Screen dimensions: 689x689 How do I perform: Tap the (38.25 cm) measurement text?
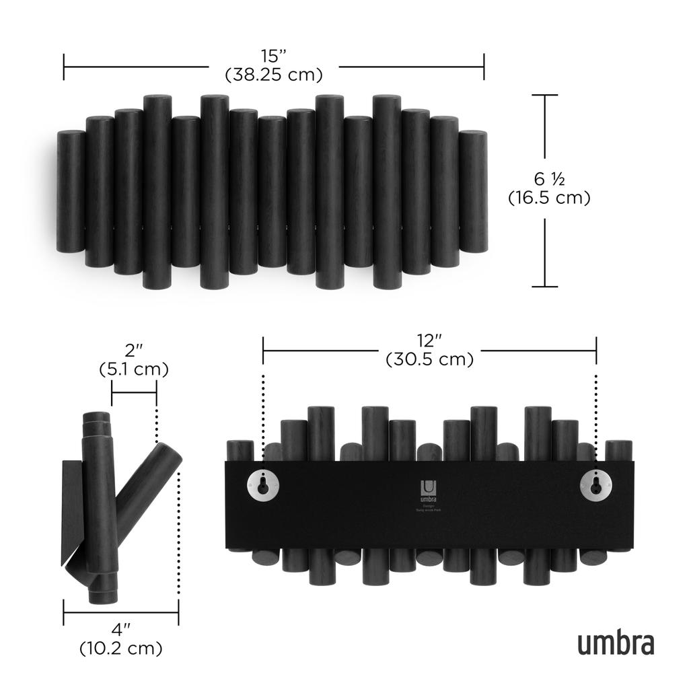pyautogui.click(x=274, y=74)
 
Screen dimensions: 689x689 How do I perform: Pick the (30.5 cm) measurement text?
pyautogui.click(x=429, y=359)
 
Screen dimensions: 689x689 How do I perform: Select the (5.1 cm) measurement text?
pyautogui.click(x=134, y=369)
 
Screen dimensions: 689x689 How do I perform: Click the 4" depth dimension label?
pyautogui.click(x=121, y=630)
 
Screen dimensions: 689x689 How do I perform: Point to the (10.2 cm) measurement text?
pyautogui.click(x=121, y=649)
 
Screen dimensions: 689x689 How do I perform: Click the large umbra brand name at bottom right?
pyautogui.click(x=615, y=643)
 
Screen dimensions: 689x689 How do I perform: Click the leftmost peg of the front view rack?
pyautogui.click(x=70, y=192)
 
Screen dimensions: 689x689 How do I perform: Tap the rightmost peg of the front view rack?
pyautogui.click(x=474, y=192)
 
